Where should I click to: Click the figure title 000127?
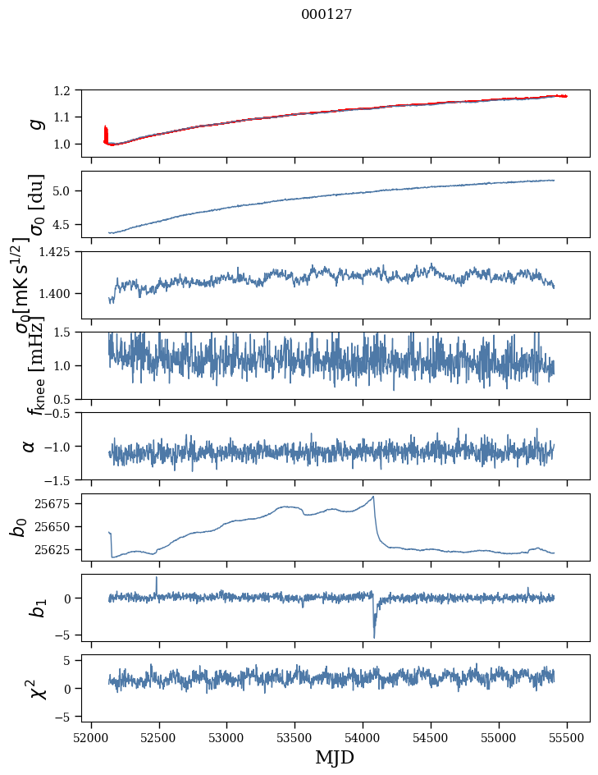(x=326, y=14)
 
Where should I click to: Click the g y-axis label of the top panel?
(x=34, y=123)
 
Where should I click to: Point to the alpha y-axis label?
(x=30, y=446)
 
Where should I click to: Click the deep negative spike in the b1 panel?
(x=374, y=636)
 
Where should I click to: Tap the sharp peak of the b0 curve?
(x=374, y=497)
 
